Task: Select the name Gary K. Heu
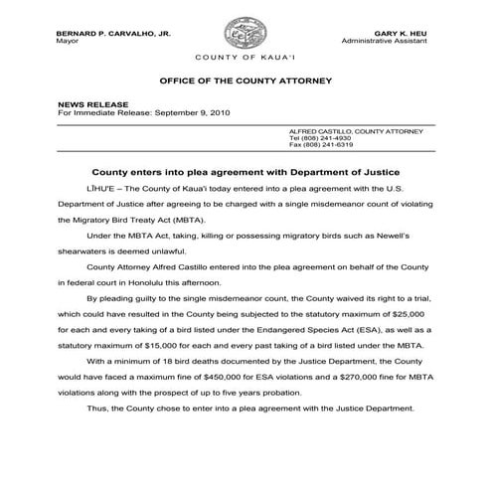click(403, 34)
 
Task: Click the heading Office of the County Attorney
click(246, 79)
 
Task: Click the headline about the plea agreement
click(246, 171)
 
